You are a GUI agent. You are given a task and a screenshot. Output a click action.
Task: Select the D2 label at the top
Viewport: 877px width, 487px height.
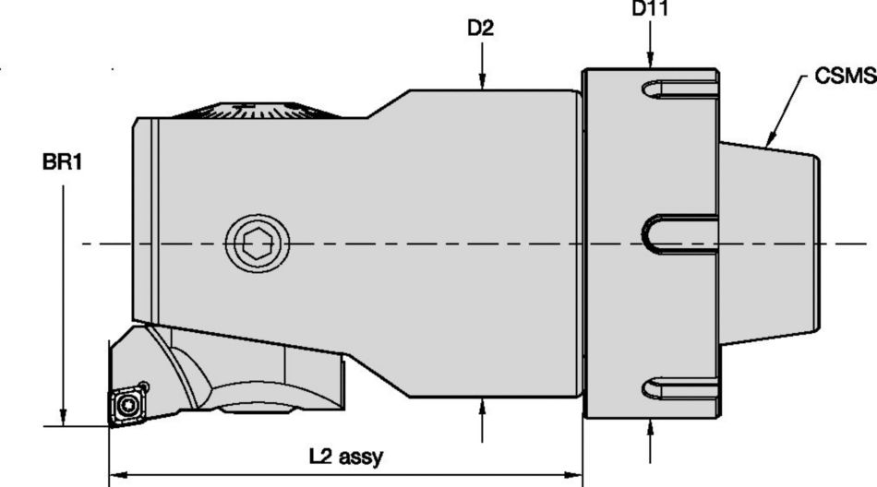480,28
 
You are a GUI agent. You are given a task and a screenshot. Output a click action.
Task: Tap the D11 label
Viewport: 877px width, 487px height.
651,9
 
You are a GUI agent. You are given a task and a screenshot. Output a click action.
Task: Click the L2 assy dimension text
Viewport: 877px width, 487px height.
345,456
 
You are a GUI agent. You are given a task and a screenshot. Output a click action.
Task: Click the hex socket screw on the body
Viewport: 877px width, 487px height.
258,244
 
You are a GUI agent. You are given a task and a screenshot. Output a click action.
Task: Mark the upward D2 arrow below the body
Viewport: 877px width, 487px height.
482,407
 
